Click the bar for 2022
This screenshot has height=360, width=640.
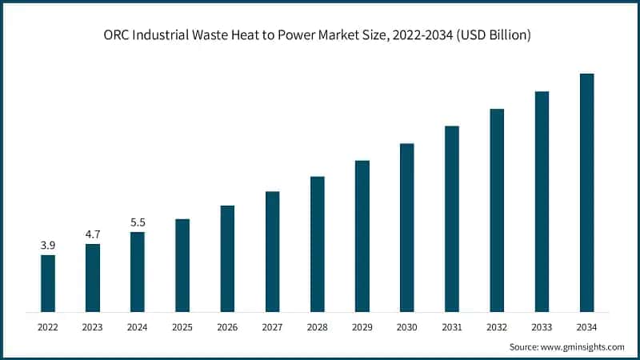48,282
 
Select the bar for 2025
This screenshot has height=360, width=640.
182,265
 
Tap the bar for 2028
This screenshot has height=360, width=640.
318,243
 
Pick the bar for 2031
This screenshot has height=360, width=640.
452,218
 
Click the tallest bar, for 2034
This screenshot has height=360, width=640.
587,192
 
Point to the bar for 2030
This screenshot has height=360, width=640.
407,227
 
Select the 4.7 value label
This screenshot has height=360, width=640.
93,234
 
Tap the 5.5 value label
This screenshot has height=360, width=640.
138,222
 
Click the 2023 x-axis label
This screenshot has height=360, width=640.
93,327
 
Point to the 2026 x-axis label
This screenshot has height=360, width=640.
227,327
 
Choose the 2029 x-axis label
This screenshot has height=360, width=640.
362,327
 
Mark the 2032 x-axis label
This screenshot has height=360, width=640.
497,327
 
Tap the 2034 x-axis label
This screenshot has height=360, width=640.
587,327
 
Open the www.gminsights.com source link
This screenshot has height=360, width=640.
581,347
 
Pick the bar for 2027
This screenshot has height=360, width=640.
273,251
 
